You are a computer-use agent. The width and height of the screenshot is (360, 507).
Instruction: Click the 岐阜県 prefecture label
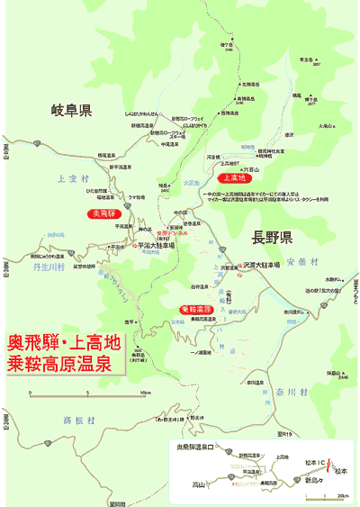tap(72, 112)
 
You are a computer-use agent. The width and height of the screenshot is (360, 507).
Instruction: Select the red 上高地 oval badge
tap(233, 177)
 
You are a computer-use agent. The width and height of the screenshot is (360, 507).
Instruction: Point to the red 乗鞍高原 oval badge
tap(195, 309)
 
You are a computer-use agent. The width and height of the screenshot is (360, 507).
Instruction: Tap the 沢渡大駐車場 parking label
tap(261, 265)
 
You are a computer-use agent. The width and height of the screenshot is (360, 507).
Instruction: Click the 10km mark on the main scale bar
tap(145, 394)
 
